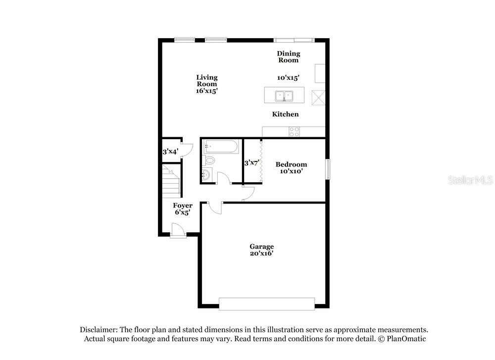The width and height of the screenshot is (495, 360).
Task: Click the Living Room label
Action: pyautogui.click(x=207, y=81)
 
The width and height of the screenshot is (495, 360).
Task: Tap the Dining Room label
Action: pyautogui.click(x=288, y=57)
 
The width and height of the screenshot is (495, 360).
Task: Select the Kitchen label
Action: pyautogui.click(x=286, y=114)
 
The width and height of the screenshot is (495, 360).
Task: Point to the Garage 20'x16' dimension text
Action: pyautogui.click(x=262, y=253)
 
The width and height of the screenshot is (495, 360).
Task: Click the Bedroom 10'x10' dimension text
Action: pyautogui.click(x=292, y=171)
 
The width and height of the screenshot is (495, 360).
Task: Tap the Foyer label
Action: pyautogui.click(x=183, y=206)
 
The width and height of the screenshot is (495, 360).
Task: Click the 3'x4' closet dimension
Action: pyautogui.click(x=170, y=152)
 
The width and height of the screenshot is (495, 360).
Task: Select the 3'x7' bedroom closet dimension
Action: pyautogui.click(x=252, y=163)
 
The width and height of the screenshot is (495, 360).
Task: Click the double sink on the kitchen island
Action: pyautogui.click(x=284, y=96)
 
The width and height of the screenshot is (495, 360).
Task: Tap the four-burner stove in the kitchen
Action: pyautogui.click(x=294, y=132)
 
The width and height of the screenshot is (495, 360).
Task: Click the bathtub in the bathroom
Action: pyautogui.click(x=221, y=147)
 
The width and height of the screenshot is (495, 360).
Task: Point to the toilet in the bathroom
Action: pyautogui.click(x=208, y=160)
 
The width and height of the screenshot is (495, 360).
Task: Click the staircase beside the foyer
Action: pyautogui.click(x=171, y=181)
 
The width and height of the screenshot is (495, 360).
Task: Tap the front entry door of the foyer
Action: pyautogui.click(x=178, y=230)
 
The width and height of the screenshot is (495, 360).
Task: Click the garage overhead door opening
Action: pyautogui.click(x=267, y=304)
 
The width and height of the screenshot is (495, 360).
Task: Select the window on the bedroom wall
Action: pyautogui.click(x=328, y=169)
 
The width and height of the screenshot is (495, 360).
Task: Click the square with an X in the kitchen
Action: pyautogui.click(x=318, y=98)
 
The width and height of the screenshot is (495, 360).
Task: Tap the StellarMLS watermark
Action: pyautogui.click(x=470, y=180)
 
